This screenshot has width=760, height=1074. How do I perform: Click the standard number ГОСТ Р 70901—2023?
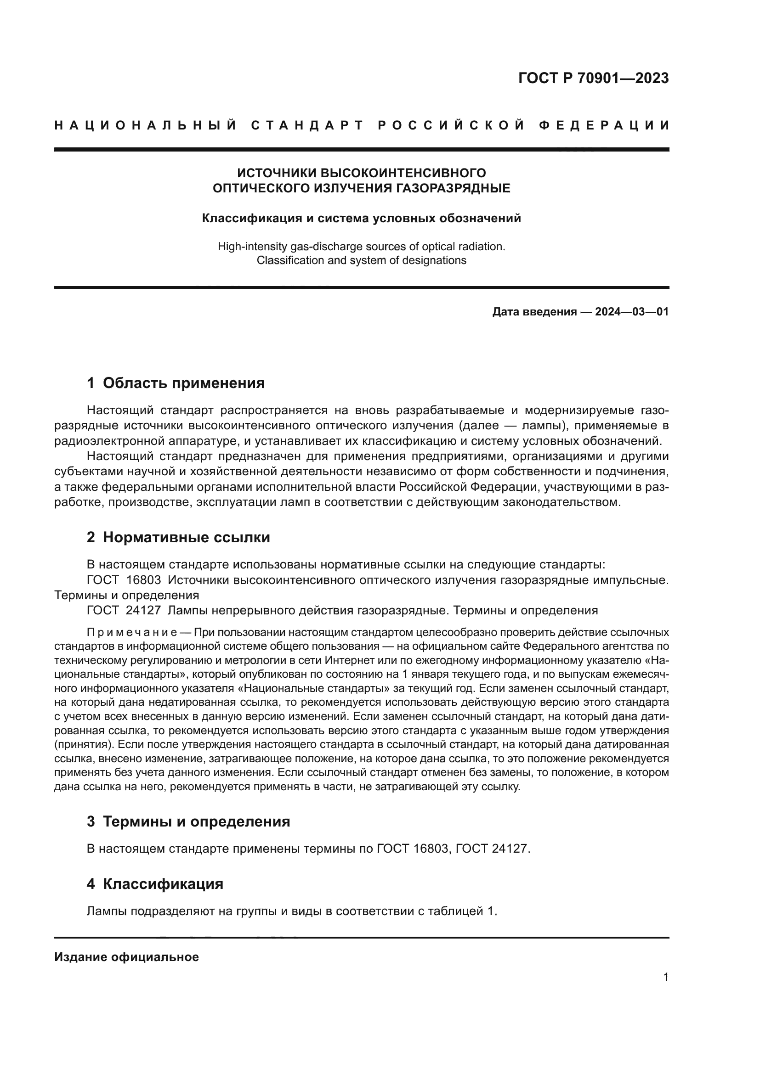click(593, 78)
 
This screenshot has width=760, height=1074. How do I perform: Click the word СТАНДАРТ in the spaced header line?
click(307, 125)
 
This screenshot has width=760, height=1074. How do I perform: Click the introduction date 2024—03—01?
click(632, 312)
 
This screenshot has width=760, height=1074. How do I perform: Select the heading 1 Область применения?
click(176, 383)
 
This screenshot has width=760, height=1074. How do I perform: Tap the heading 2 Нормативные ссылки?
click(178, 538)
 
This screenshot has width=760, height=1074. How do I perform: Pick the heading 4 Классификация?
click(155, 884)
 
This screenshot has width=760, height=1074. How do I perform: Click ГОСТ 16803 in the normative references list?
click(124, 580)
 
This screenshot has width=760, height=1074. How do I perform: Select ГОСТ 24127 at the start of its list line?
click(124, 610)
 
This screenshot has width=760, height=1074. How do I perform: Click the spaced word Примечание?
click(131, 633)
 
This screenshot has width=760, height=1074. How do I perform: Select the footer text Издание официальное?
click(126, 957)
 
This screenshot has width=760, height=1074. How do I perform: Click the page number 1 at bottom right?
click(666, 977)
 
